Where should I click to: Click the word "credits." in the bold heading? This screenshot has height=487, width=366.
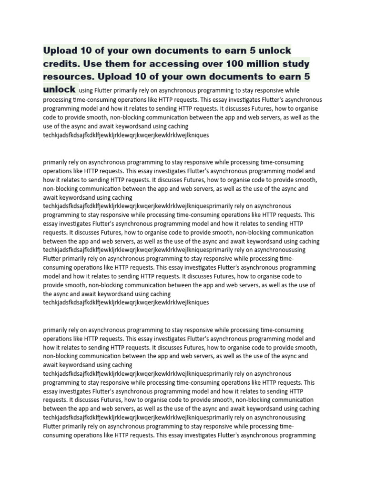coord(61,63)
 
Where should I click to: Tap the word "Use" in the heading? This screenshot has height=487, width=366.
coord(92,63)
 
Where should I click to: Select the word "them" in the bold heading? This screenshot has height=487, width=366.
coord(117,63)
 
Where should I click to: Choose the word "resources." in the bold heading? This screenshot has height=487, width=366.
coord(69,76)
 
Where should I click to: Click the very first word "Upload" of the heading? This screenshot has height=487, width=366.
coord(61,50)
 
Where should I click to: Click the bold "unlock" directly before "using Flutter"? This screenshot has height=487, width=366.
coord(59,89)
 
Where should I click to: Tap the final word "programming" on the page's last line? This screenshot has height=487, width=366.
coord(295,435)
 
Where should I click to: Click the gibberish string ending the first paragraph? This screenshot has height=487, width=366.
coord(126,135)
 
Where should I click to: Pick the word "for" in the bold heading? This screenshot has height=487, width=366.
coord(141,63)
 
